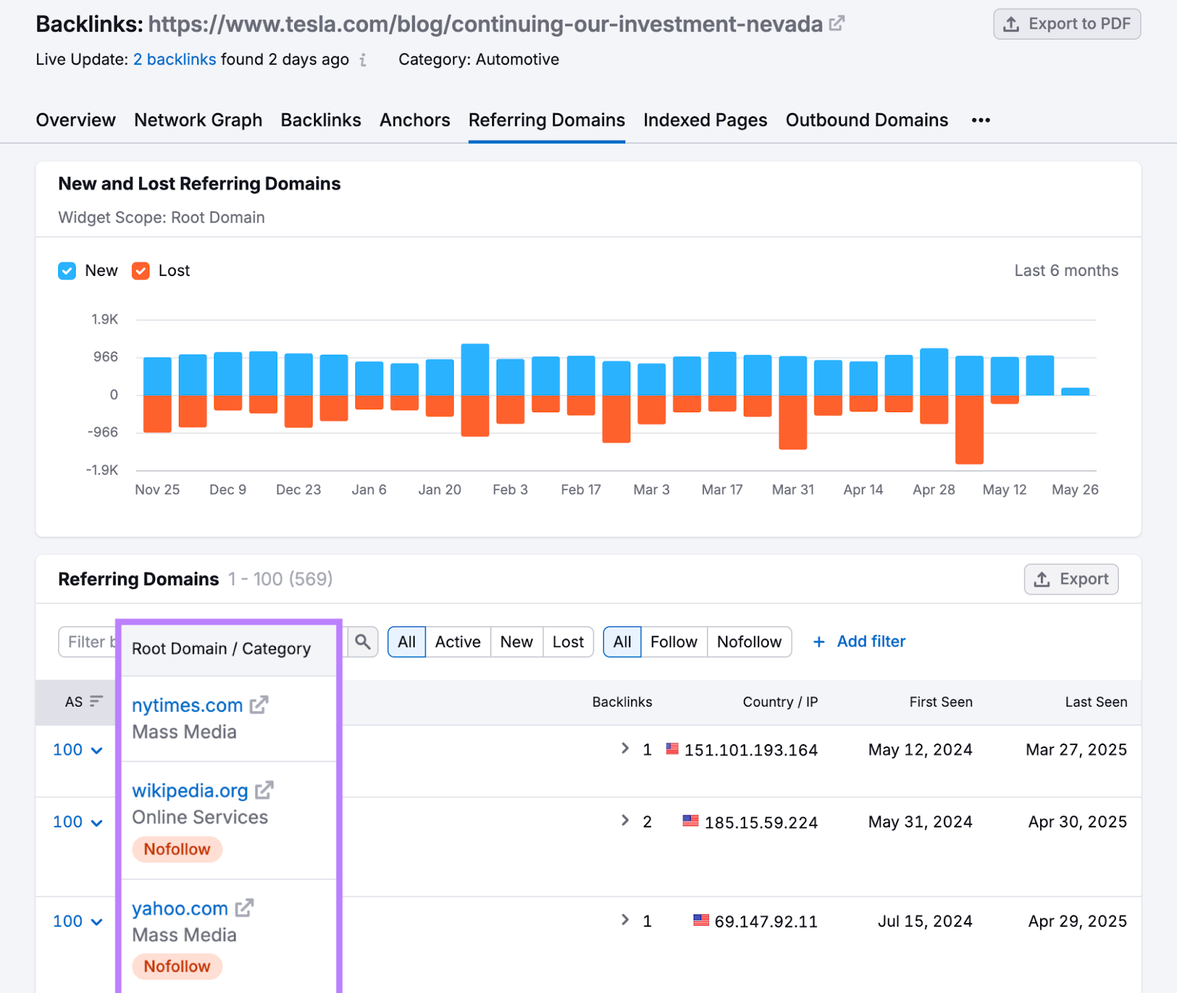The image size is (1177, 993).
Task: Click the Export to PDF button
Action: click(x=1067, y=24)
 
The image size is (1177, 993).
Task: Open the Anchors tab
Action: click(x=414, y=120)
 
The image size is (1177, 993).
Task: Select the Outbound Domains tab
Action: click(x=867, y=120)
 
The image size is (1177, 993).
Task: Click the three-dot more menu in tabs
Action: click(x=981, y=120)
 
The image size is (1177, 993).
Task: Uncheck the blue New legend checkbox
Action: click(x=67, y=271)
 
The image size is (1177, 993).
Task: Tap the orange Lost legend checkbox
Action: click(x=141, y=271)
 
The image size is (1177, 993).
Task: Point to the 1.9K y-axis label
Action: click(x=104, y=319)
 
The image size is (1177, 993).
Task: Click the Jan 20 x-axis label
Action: click(x=439, y=490)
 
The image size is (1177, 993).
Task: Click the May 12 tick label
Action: click(x=1004, y=490)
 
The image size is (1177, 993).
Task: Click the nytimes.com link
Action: click(x=187, y=705)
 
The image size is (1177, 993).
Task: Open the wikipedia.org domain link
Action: click(x=190, y=791)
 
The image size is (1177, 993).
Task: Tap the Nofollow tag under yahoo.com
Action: click(x=177, y=967)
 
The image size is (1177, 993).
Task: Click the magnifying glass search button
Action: click(x=363, y=642)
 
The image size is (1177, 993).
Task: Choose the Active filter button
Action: click(x=458, y=642)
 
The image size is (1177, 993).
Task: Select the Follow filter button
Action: click(x=673, y=642)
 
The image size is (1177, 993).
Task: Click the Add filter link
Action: click(x=859, y=642)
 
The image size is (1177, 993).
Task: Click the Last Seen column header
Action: click(x=1095, y=702)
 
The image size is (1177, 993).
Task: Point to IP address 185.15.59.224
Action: click(x=761, y=822)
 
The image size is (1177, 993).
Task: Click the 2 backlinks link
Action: click(x=174, y=60)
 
